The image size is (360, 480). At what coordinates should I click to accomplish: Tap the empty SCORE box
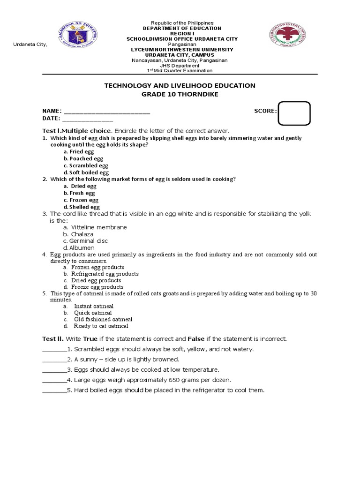(294, 113)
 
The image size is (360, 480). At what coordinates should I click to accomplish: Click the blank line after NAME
(107, 112)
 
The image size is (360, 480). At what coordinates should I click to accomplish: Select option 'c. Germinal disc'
(85, 240)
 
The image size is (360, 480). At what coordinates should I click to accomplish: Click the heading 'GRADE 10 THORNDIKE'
(180, 94)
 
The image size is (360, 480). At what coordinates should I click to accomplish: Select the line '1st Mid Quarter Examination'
(180, 70)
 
